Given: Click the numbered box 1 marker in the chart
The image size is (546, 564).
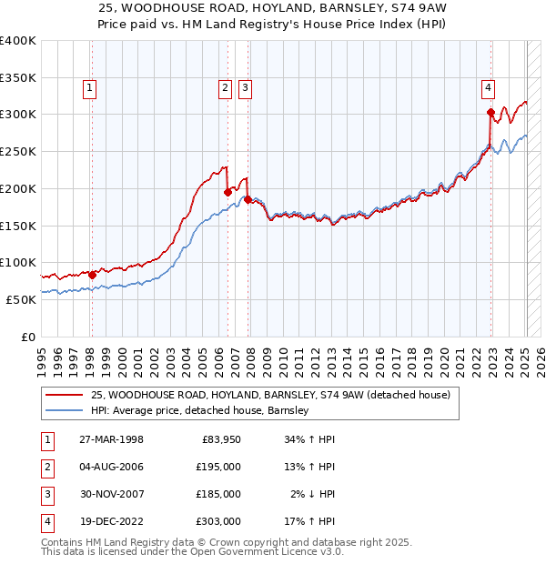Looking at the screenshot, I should (x=91, y=88).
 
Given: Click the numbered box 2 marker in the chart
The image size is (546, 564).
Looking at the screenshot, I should (x=225, y=88).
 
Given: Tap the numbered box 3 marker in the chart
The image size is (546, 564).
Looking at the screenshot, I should (x=246, y=88).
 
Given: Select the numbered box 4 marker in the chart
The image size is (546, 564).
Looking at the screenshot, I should (x=489, y=88).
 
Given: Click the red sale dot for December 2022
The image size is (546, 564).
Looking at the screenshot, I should (x=490, y=112).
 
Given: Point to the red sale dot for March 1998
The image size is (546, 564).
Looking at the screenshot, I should (x=92, y=274).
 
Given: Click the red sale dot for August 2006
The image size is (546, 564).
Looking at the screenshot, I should (x=227, y=192).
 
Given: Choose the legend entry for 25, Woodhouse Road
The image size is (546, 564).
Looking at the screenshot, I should (x=270, y=395).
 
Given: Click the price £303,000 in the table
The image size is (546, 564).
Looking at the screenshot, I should (x=218, y=521).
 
